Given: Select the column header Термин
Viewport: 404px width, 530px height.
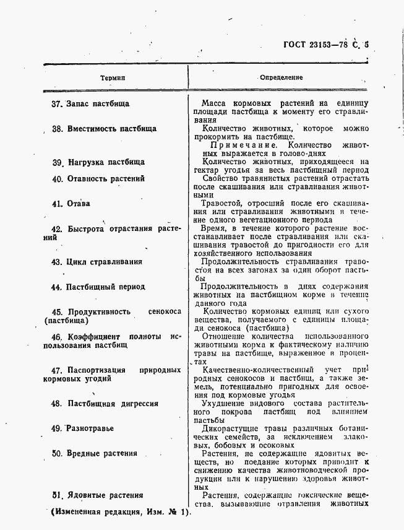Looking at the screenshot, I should coord(113,78).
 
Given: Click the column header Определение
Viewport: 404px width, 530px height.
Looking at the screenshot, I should coord(281,78).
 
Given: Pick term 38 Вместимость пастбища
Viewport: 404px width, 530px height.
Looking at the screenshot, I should coord(104,129).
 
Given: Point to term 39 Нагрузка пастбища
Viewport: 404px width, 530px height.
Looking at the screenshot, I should coord(98,162).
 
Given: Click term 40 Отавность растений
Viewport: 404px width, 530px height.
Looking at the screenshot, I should coord(98,178).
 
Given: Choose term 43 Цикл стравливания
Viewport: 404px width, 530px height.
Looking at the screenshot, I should coord(97,261).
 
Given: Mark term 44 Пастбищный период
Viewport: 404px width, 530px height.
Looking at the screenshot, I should coord(98,287).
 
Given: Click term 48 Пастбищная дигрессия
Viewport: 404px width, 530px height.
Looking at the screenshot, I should coord(105,403).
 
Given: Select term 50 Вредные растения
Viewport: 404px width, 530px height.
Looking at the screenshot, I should coord(94,453).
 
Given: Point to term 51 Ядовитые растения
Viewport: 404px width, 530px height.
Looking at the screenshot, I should coord(98,495).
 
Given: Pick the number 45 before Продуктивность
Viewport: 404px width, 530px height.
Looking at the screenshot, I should coord(57,312).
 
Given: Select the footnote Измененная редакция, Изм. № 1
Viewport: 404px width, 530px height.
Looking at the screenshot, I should coord(118,513).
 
